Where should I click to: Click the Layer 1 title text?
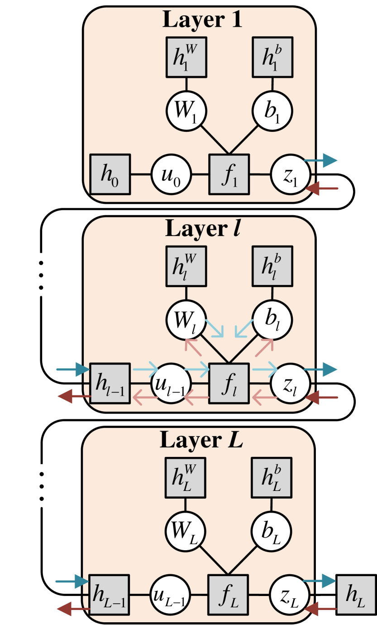pos(202,19)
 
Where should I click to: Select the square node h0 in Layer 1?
pos(110,174)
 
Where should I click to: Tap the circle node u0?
pos(171,175)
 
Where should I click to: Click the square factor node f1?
pos(229,174)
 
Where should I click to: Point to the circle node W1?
pos(186,111)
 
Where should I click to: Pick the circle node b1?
pos(272,111)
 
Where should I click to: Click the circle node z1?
pos(291,175)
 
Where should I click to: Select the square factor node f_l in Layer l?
pos(229,384)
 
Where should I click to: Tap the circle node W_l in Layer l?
pos(186,320)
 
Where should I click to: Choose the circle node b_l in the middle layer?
pos(272,320)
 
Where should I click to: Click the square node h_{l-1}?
pos(110,384)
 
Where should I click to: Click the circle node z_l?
pos(291,384)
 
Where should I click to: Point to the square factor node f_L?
pos(228,595)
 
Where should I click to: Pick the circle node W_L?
pos(185,530)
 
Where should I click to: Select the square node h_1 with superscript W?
pos(186,57)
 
